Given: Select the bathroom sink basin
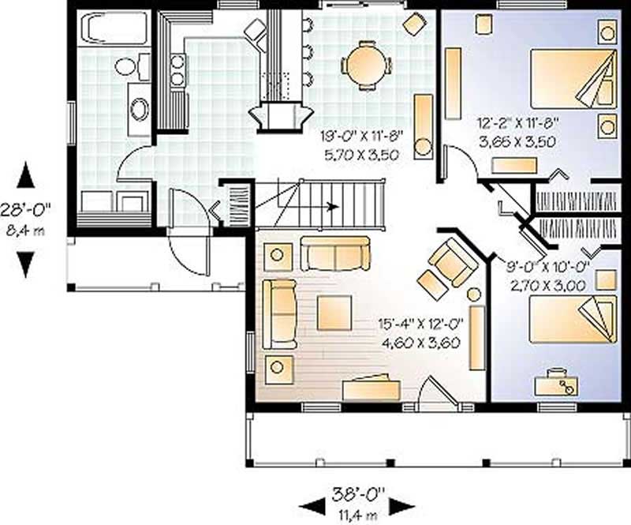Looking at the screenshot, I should [140, 109].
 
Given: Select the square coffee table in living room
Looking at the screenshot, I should [334, 312].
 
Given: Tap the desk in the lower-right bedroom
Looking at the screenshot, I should [556, 384].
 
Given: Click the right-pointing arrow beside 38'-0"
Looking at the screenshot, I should [401, 506].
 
